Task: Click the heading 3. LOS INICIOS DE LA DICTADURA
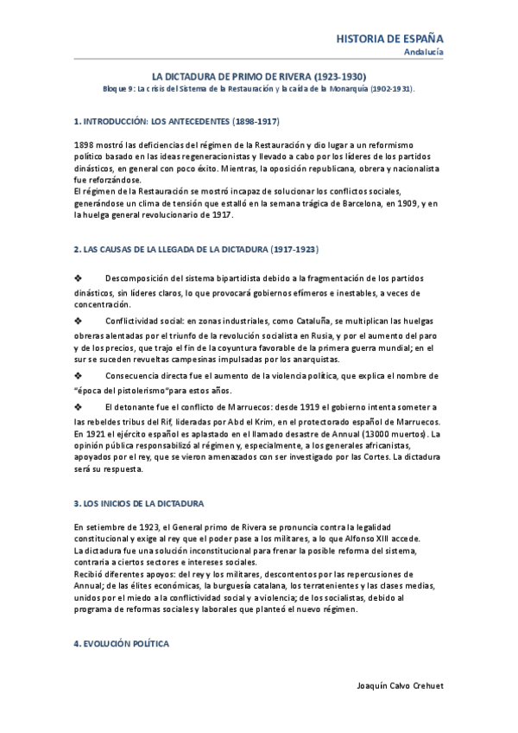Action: tap(139, 503)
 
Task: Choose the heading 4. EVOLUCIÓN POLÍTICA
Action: tap(121, 644)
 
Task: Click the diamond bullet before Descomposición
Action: tap(79, 277)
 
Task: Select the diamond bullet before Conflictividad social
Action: tap(79, 320)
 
